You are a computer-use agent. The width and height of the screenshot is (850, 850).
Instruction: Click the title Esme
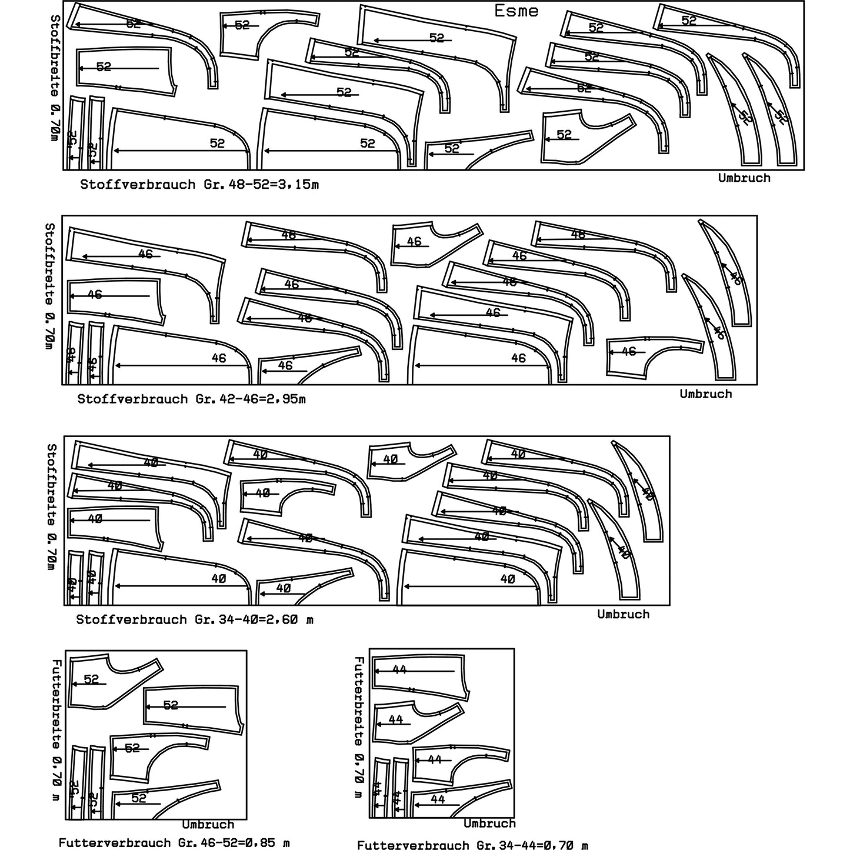pos(516,11)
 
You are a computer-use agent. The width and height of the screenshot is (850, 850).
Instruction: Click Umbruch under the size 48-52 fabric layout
pos(744,178)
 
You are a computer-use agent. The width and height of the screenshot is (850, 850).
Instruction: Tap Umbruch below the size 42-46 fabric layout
pos(706,394)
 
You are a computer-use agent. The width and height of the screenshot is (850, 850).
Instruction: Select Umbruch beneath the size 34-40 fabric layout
pos(624,614)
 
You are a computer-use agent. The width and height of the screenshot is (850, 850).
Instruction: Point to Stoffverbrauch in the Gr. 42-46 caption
pos(132,399)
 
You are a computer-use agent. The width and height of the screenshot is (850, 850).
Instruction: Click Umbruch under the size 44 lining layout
pos(489,824)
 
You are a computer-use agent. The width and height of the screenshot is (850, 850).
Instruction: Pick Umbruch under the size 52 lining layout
pos(208,825)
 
